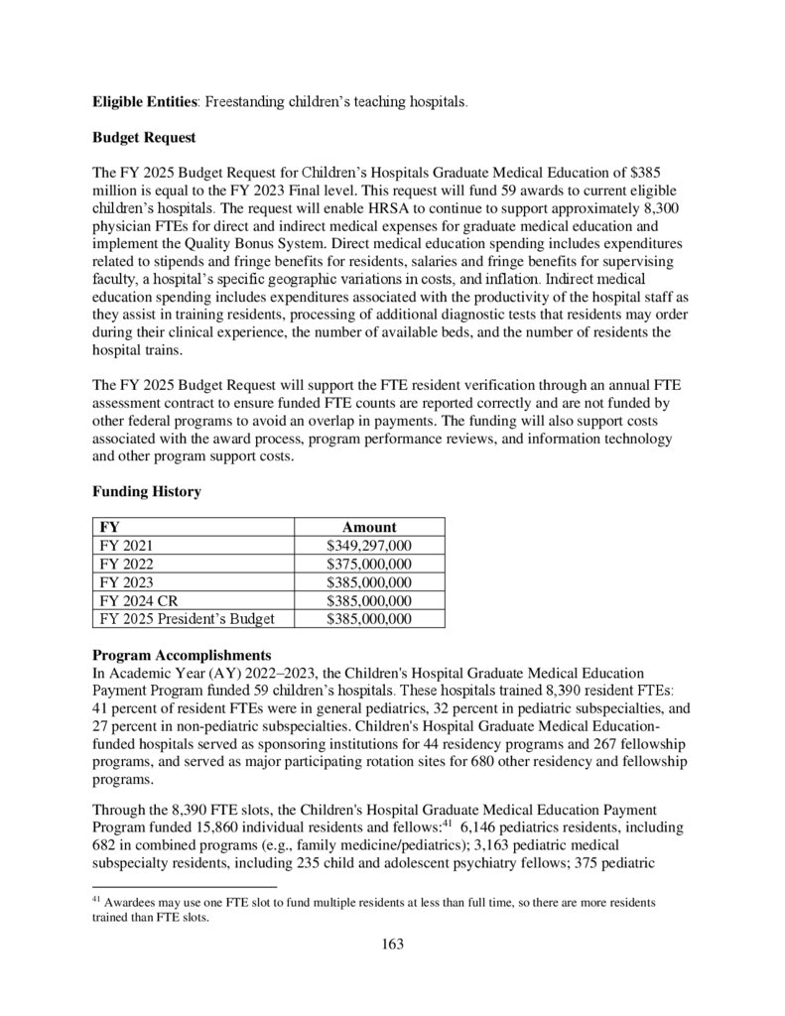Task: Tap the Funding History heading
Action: click(x=146, y=492)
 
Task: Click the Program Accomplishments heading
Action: click(x=181, y=656)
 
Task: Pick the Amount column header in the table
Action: click(x=368, y=527)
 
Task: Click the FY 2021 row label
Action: click(x=126, y=546)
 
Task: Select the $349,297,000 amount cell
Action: click(x=369, y=546)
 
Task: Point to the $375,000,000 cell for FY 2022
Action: click(x=369, y=564)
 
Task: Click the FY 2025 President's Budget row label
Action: click(x=187, y=619)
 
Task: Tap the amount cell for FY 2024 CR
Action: click(x=369, y=600)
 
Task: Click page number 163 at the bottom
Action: click(x=392, y=944)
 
